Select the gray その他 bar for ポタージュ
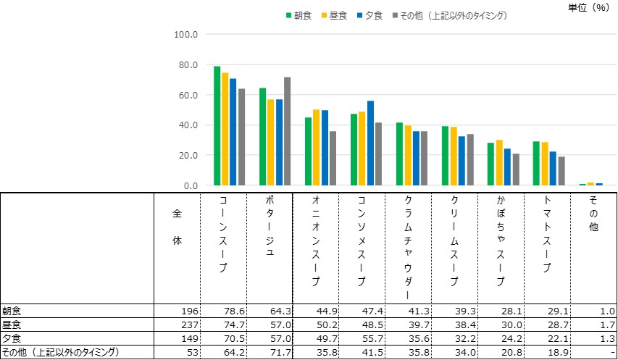[x=287, y=131]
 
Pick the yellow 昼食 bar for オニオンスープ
[x=316, y=148]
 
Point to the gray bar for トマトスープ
[x=561, y=171]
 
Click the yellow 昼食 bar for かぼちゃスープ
[x=498, y=163]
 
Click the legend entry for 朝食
[x=298, y=15]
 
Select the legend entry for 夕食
[x=369, y=15]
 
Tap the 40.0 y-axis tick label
[x=188, y=125]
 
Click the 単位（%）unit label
[x=588, y=7]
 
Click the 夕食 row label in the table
[x=12, y=338]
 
